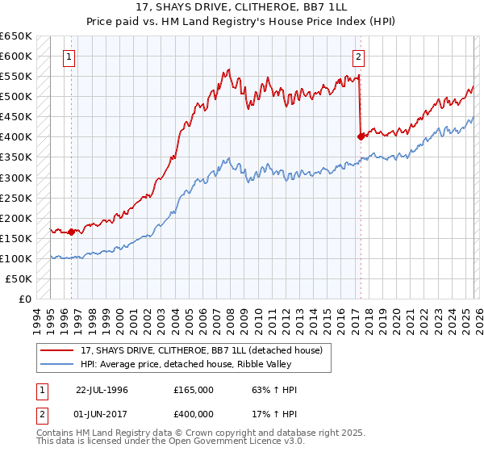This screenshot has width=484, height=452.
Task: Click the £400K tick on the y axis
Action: click(x=16, y=137)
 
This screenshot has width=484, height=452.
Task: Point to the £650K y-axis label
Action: click(x=16, y=36)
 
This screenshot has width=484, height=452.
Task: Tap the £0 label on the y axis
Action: click(x=24, y=299)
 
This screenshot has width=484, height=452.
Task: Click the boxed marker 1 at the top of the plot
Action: click(x=70, y=57)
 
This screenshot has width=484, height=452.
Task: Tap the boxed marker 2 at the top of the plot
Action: click(x=358, y=57)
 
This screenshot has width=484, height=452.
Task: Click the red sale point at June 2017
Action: click(x=361, y=136)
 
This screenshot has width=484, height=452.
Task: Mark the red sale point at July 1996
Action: click(x=71, y=232)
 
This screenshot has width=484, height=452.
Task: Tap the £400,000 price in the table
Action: click(x=194, y=413)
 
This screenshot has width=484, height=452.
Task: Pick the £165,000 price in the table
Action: click(x=194, y=390)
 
